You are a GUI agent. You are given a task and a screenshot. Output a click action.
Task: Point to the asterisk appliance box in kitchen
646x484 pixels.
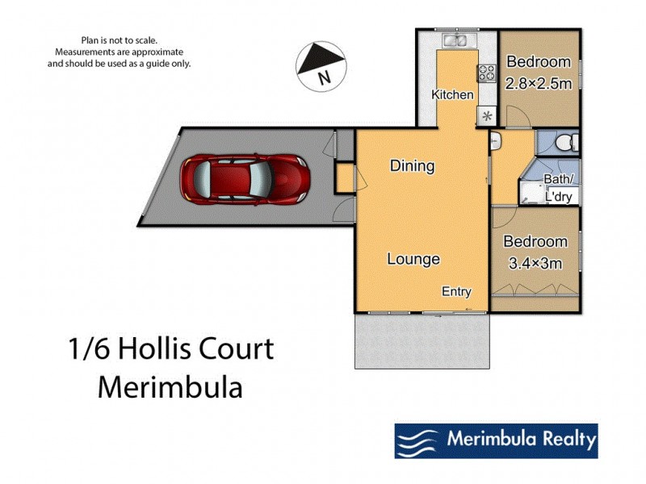(487, 115)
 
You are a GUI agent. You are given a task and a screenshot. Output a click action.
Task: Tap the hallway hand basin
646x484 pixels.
(496, 142)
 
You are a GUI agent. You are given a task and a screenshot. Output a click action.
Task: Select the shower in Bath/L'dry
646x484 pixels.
(533, 193)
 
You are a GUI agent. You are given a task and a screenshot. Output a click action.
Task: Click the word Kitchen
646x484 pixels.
(452, 94)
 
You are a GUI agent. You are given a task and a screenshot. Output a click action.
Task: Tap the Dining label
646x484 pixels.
(412, 166)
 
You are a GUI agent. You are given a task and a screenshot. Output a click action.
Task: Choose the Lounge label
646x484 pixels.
(413, 259)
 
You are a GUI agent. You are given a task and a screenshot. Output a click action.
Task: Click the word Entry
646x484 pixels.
(456, 291)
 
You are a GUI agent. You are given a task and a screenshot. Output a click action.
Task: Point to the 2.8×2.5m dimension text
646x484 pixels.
(538, 81)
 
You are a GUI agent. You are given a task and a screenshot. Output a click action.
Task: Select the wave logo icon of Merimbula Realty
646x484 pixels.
(417, 440)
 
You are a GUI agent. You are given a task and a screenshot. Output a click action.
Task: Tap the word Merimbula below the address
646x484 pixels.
(170, 386)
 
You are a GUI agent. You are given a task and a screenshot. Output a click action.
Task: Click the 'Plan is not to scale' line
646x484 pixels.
(120, 40)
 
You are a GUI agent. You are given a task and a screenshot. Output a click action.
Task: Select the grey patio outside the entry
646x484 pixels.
(422, 340)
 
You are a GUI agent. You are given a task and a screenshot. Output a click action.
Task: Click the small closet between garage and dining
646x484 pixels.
(345, 178)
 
